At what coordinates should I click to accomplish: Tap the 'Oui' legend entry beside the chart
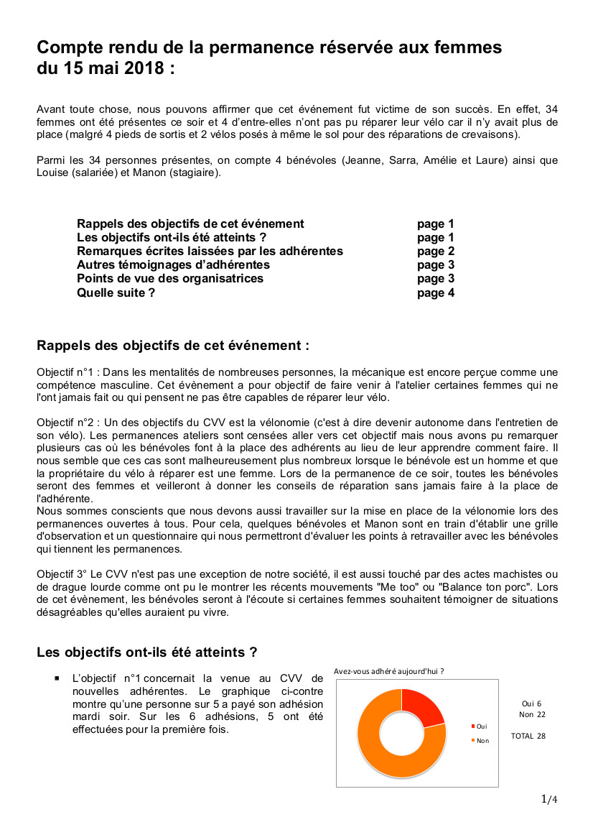tap(480, 726)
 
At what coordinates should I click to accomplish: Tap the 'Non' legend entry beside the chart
tap(481, 740)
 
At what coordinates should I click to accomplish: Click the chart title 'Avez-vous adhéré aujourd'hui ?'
tap(388, 671)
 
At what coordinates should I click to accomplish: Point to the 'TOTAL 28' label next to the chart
tap(528, 736)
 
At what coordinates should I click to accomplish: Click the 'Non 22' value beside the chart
tap(532, 714)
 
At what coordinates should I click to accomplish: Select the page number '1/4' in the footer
tap(548, 799)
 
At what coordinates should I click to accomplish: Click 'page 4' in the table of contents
tap(435, 292)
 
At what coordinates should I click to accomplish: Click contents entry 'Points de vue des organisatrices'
tap(169, 279)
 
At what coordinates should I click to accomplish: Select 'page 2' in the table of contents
tap(435, 251)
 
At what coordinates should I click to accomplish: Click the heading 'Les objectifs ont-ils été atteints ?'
tap(147, 652)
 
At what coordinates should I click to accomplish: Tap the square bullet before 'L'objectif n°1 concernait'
tap(57, 678)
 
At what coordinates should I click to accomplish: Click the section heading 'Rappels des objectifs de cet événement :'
tap(172, 346)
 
